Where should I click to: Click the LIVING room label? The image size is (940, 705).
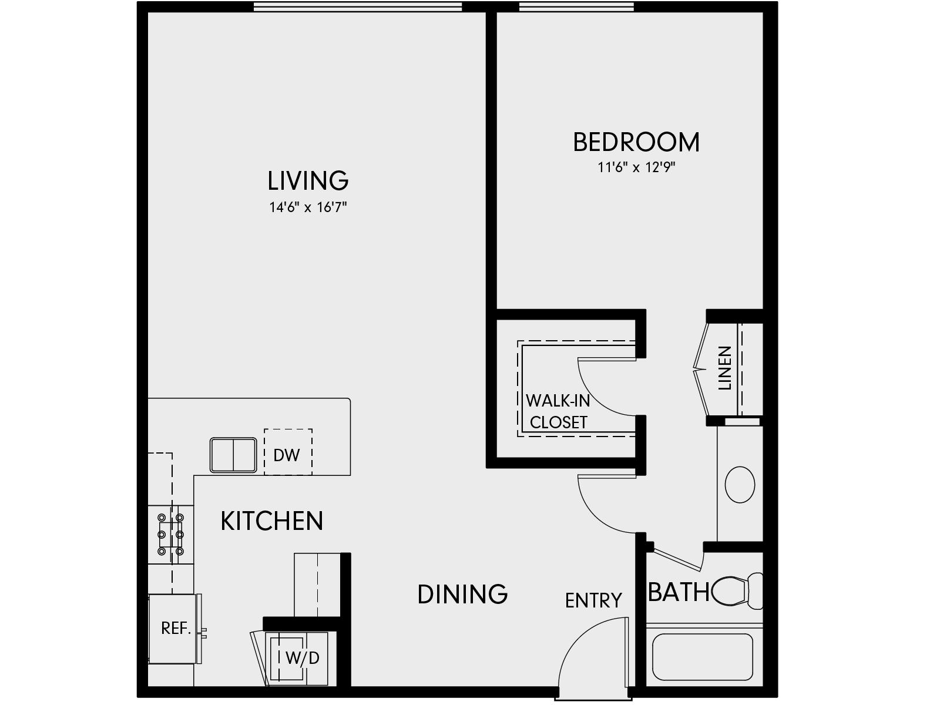308,181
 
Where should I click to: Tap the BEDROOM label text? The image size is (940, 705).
636,143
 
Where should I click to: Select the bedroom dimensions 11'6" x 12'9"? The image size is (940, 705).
637,168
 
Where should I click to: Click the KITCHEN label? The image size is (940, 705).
271,521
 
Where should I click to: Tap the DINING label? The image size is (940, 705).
462,595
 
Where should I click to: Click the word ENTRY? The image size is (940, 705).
593,600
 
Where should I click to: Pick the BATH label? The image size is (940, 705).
679,592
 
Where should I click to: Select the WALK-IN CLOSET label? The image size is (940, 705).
558,412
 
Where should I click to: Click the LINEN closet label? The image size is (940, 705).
725,368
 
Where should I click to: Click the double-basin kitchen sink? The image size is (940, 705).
234,455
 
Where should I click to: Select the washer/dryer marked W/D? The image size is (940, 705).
301,658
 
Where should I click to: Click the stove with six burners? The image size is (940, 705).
170,535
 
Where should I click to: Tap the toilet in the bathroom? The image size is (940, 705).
738,590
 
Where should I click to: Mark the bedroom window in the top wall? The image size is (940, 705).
576,7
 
